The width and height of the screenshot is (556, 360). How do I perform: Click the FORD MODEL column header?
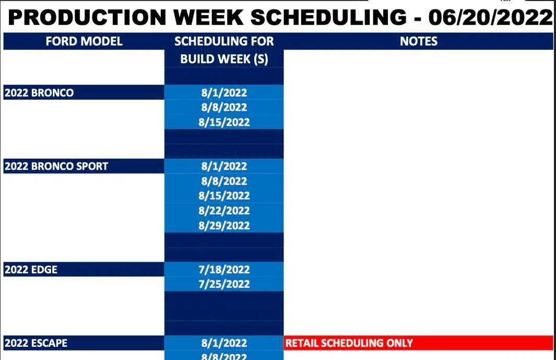tap(84, 41)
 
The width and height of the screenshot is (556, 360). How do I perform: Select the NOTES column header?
tap(418, 41)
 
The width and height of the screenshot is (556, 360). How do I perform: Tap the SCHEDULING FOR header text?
tap(224, 41)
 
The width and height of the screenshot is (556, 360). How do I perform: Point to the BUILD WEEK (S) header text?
tap(224, 59)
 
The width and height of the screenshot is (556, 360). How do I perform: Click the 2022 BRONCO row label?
tap(39, 92)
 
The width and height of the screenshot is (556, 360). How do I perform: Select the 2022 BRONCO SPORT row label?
tap(56, 166)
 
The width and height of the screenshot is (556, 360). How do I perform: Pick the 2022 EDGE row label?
tap(31, 270)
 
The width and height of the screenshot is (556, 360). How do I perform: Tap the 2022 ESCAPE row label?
tap(36, 343)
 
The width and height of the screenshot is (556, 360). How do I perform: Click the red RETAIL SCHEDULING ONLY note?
tap(349, 343)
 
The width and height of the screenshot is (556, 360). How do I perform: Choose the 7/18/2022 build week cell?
tap(224, 270)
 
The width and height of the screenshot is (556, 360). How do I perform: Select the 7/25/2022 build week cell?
tap(224, 284)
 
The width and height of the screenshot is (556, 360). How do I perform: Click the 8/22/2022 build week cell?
tap(224, 211)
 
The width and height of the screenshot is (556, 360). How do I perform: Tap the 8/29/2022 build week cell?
tap(224, 225)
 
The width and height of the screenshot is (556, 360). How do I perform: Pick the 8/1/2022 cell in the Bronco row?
tap(224, 92)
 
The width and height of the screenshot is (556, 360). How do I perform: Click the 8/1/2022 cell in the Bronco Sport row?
tap(224, 166)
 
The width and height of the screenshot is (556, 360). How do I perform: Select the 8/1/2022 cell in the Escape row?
tap(224, 343)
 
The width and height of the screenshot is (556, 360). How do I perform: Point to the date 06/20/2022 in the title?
tap(490, 17)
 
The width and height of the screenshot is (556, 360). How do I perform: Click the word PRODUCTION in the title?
tap(87, 17)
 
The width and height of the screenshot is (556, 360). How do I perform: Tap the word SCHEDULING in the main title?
tap(329, 17)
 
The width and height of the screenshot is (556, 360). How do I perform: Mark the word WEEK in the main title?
tap(208, 17)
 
